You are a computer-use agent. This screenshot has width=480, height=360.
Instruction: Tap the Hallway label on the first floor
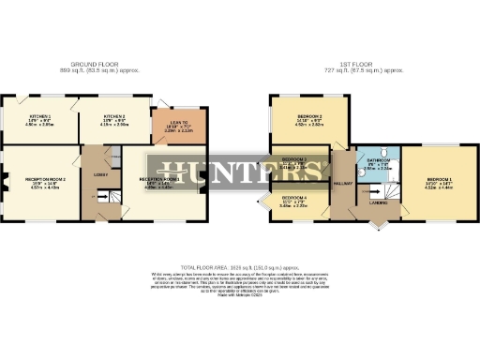pyautogui.click(x=341, y=184)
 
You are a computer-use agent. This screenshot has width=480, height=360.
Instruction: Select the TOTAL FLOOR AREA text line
pyautogui.click(x=240, y=267)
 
